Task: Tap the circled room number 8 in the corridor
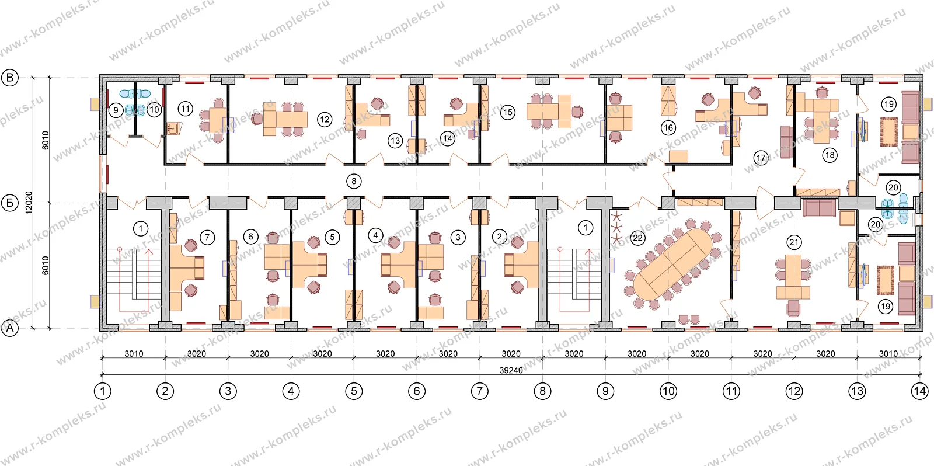click(354, 181)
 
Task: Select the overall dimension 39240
click(511, 370)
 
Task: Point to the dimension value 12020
click(29, 203)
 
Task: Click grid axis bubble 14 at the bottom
click(919, 391)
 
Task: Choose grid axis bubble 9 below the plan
click(605, 391)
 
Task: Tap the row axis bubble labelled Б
click(9, 203)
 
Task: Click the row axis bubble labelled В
click(9, 78)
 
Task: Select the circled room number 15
click(507, 112)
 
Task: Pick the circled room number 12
click(325, 120)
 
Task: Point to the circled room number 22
click(637, 238)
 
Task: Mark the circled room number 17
click(761, 158)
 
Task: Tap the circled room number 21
click(794, 242)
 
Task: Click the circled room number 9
click(116, 110)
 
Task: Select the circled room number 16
click(668, 128)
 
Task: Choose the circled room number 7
click(207, 238)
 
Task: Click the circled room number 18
click(830, 155)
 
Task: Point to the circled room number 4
click(375, 235)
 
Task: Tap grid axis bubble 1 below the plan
click(102, 391)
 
